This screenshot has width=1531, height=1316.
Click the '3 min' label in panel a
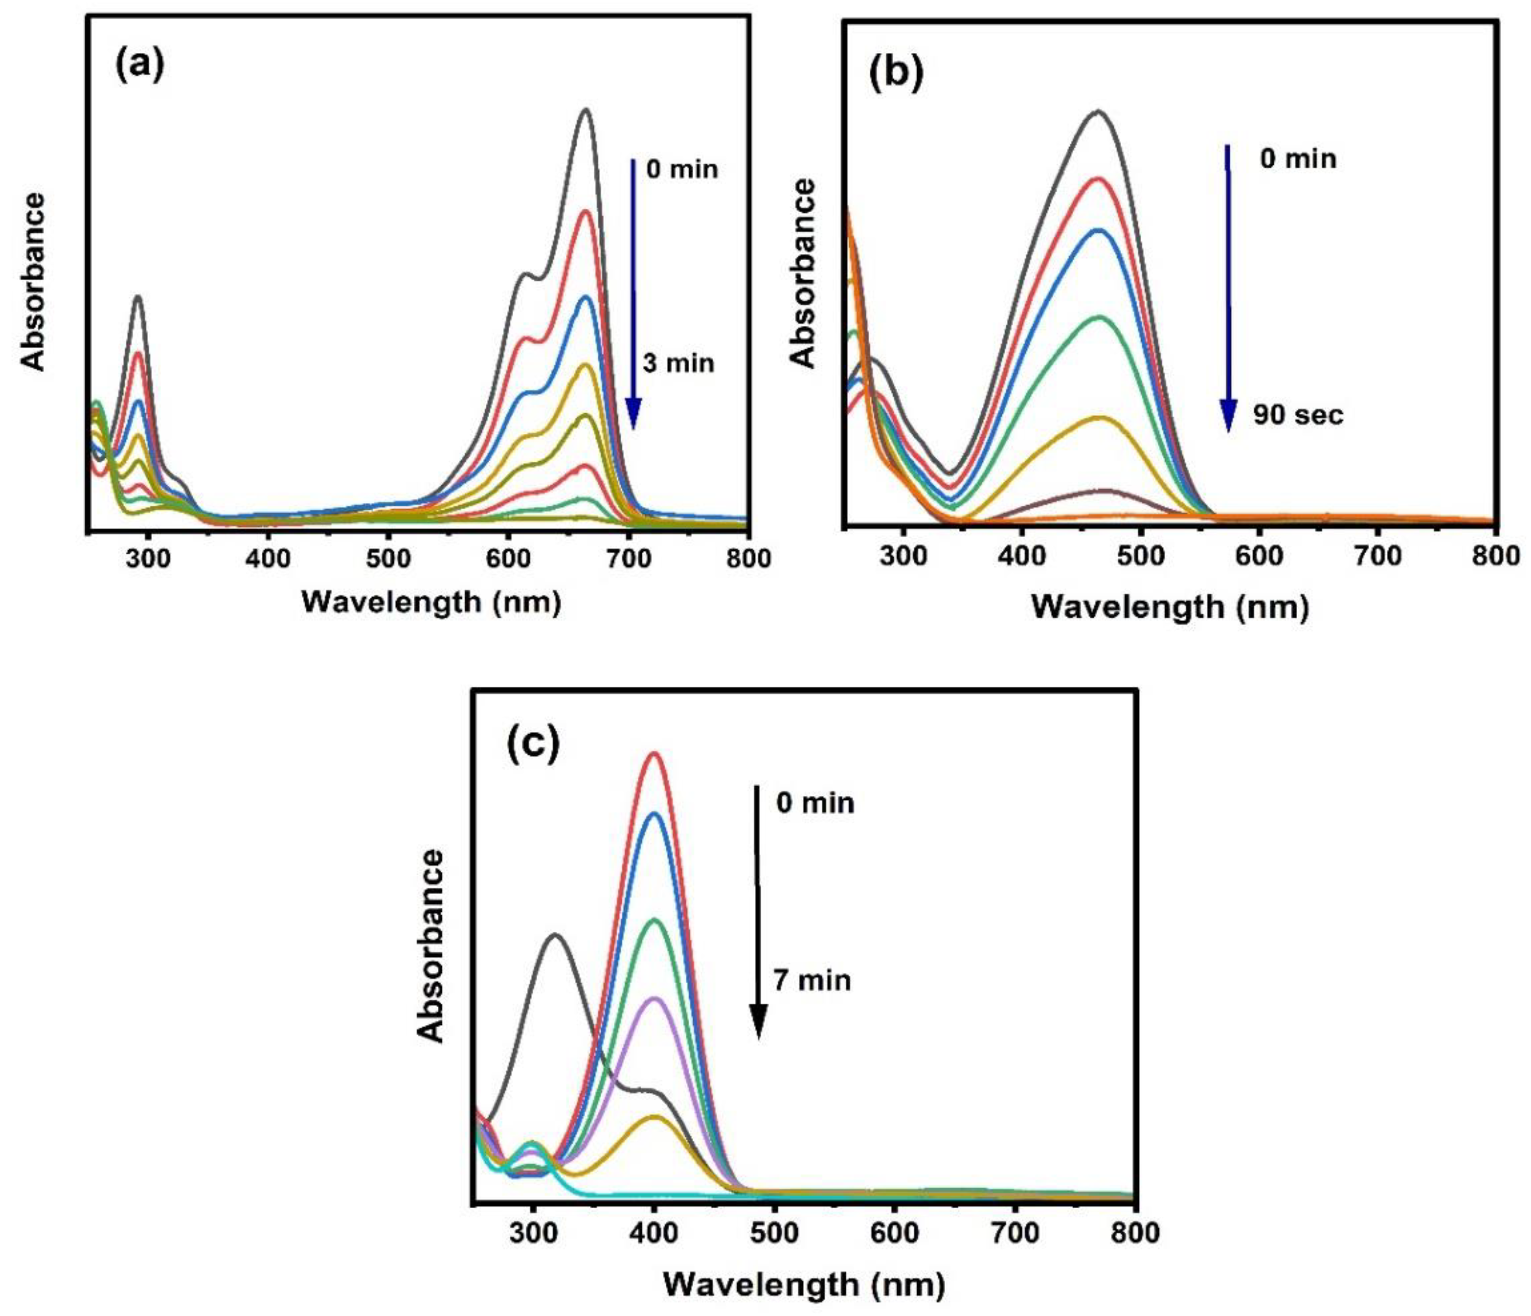pos(678,364)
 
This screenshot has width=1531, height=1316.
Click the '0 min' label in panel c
pos(815,803)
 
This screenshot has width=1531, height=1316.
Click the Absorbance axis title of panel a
pos(33,281)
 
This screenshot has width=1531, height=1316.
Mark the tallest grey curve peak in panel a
pos(586,110)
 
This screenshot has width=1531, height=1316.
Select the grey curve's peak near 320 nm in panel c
pos(554,935)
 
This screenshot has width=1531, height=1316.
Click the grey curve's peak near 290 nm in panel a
pos(137,297)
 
